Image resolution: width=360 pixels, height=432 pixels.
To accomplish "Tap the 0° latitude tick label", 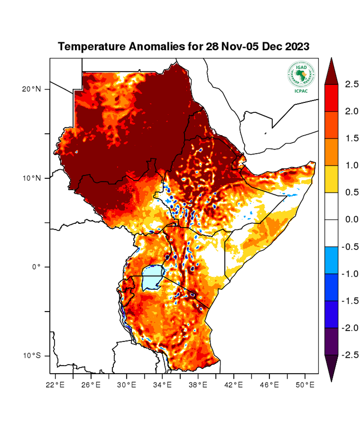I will coord(36,267).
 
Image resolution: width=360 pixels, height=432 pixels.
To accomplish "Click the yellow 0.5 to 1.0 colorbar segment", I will coord(331,179).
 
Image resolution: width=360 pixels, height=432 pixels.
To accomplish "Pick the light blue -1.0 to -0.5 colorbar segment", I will coord(331,260).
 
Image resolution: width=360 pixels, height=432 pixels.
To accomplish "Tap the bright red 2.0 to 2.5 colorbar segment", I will coord(331,98).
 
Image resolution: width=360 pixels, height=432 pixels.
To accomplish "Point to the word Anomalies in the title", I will coord(155,47).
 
